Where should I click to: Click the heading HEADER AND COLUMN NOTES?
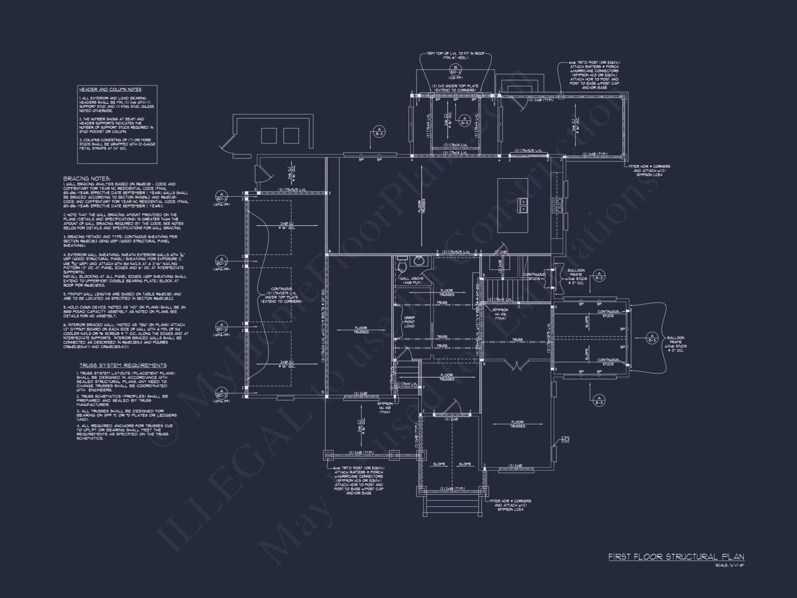110,90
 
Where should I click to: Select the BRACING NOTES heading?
86,179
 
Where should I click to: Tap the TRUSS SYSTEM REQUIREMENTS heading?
123,365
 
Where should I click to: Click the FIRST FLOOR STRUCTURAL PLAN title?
676,557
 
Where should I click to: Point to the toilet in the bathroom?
401,265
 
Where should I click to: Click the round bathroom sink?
418,261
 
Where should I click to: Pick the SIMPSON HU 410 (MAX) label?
385,408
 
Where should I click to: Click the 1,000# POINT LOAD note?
409,322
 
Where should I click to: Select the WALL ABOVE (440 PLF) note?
412,281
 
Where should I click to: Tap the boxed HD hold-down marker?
565,439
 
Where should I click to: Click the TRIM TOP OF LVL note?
455,55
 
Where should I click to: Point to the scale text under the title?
730,565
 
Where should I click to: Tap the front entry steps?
452,506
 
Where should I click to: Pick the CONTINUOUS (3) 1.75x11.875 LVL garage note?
281,295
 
